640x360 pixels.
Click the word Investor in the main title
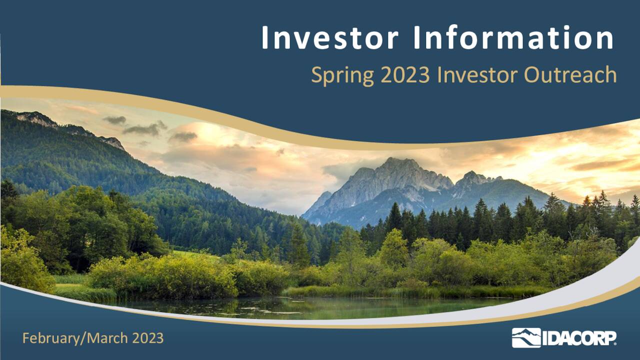pos(330,38)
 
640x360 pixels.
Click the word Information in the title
pos(513,38)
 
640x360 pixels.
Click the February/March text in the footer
pos(75,338)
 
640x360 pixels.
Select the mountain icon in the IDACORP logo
pos(526,338)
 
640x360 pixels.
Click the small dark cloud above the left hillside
pos(115,120)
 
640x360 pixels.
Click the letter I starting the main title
pos(265,38)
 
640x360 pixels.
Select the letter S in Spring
pos(316,75)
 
